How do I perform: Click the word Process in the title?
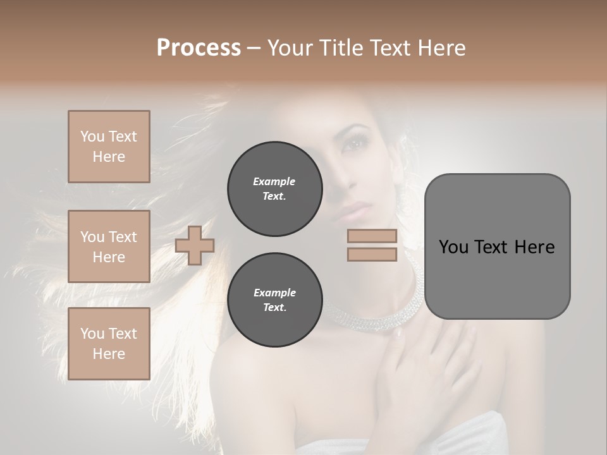pos(199,47)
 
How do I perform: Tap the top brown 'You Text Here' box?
pos(109,147)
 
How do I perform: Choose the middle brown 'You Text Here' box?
pos(109,246)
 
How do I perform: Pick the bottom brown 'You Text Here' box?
pos(109,343)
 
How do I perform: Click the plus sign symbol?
pos(195,245)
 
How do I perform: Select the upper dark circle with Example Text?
pos(274,189)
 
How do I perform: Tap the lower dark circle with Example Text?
pos(274,300)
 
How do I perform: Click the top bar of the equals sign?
pos(372,236)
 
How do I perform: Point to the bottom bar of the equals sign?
pos(372,254)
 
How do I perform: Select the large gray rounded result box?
pos(497,246)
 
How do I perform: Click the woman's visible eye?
pos(352,143)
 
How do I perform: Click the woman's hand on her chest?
pos(430,367)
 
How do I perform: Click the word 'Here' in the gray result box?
pos(534,246)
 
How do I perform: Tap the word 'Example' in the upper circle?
pos(274,181)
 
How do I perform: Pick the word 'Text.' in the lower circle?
pos(274,308)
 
